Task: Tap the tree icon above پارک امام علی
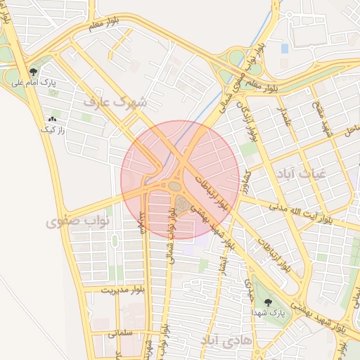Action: click(x=33, y=71)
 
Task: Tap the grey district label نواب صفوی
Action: click(x=78, y=222)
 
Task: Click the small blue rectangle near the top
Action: click(x=284, y=49)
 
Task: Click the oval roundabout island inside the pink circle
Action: click(x=174, y=186)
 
